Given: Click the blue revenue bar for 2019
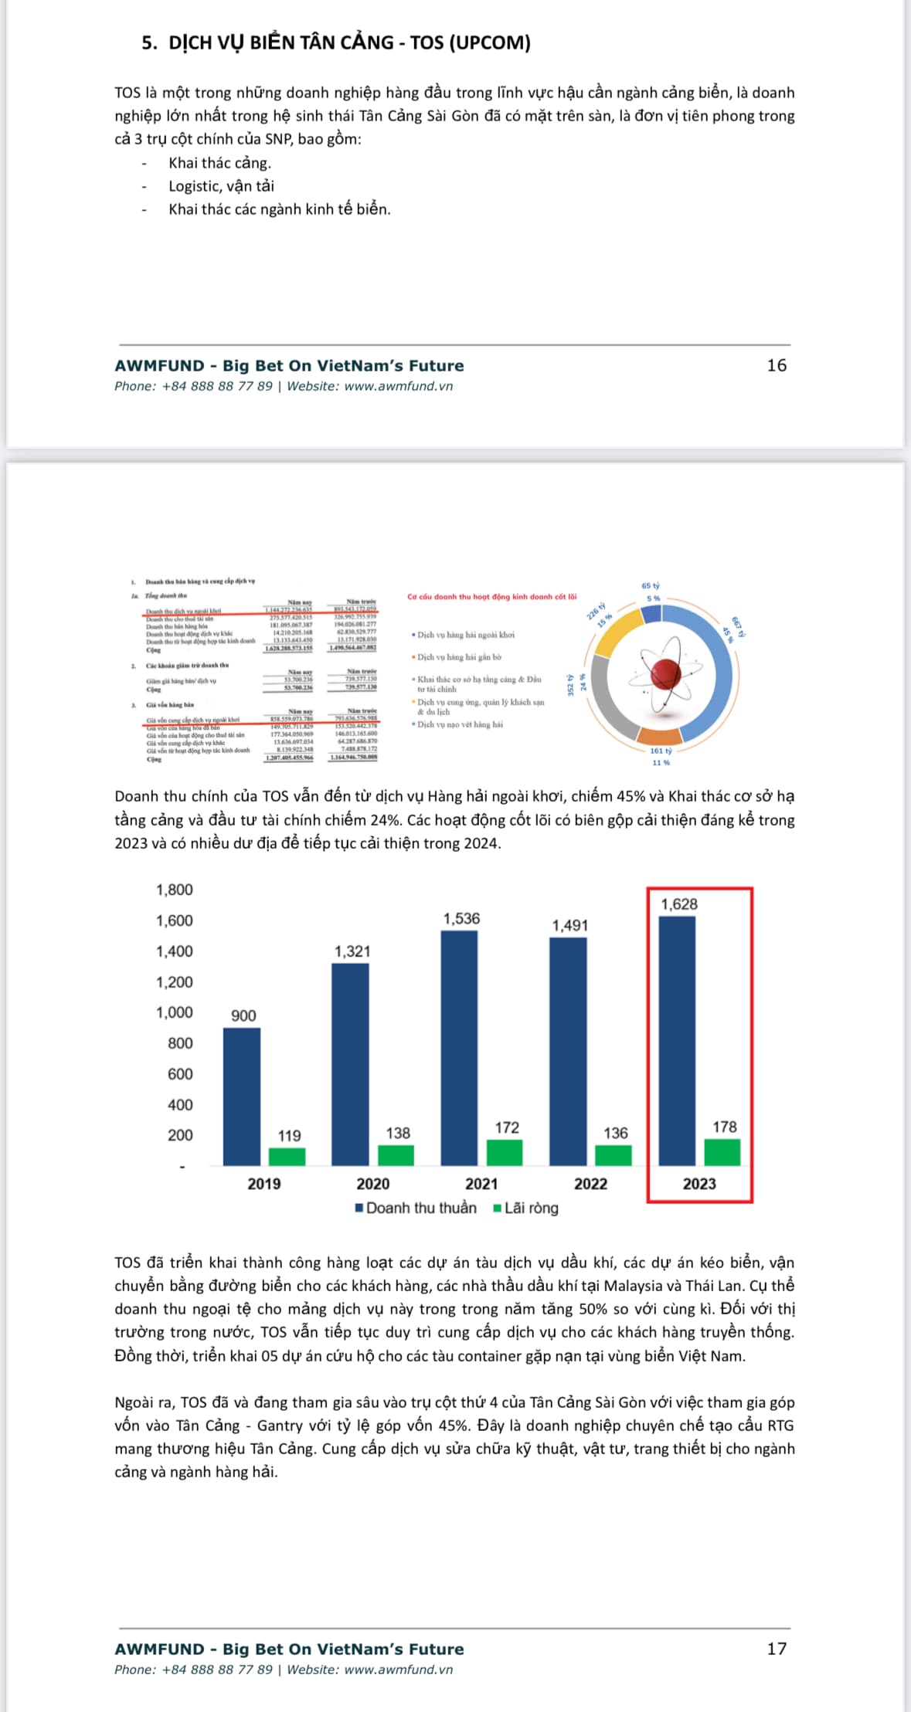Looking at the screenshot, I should click(241, 1096).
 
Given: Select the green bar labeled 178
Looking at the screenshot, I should click(722, 1151).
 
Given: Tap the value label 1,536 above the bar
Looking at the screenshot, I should click(461, 918).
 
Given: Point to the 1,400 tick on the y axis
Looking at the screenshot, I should click(175, 951).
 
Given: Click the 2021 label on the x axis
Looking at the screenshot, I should click(481, 1184).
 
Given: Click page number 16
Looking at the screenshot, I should click(777, 365).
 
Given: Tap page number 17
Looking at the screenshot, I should click(777, 1649).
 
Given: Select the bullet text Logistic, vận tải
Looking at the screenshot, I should click(221, 186).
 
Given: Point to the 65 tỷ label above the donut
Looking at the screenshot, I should click(651, 586).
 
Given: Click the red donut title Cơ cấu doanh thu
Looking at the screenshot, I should click(491, 597).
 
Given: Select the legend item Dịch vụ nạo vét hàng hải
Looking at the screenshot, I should click(460, 724).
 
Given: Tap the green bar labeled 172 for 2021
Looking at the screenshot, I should click(505, 1152).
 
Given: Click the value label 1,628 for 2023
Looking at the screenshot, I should click(678, 904).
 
